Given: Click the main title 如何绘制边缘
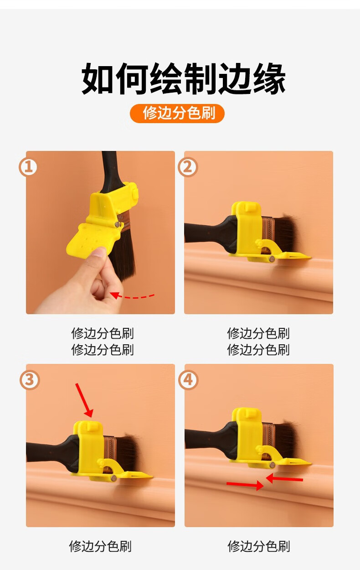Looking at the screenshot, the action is (183, 78).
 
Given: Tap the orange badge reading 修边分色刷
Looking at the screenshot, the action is (177, 113).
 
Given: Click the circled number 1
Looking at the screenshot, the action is (28, 167).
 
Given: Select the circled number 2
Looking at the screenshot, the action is (188, 167).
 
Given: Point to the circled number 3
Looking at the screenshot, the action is (30, 380).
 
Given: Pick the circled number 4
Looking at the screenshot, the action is (188, 380).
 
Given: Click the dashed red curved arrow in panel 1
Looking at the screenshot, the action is (132, 296).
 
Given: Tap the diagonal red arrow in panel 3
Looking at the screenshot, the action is (84, 400).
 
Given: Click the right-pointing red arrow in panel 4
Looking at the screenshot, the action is (245, 485).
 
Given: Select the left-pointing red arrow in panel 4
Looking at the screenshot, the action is (284, 478).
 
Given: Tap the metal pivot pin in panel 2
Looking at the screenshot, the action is (272, 259).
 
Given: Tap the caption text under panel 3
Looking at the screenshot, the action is (100, 546).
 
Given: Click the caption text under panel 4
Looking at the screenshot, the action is (259, 546).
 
